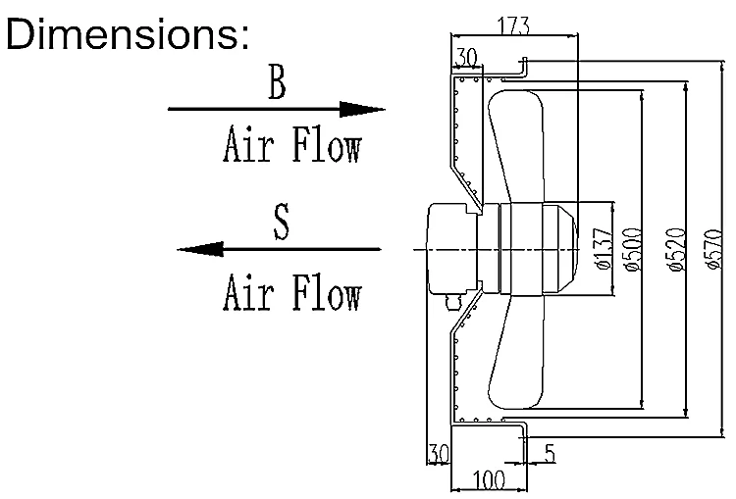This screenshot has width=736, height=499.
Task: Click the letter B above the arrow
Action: coord(278,85)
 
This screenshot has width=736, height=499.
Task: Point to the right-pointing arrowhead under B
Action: coord(365,110)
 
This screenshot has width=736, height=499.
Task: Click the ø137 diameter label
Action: coord(604,250)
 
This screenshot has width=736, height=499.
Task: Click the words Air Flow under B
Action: coord(291,148)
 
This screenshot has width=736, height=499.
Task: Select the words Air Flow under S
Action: coord(291,291)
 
